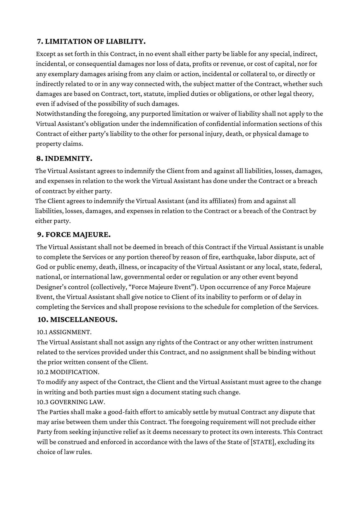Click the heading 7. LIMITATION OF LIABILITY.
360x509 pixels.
click(91, 41)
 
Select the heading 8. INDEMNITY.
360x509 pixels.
click(64, 158)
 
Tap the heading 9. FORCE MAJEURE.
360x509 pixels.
click(74, 235)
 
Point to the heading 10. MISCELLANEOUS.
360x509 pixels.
click(77, 320)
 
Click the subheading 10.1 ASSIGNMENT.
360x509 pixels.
click(64, 332)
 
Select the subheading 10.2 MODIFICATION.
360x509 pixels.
click(68, 372)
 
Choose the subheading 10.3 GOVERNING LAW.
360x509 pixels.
click(71, 402)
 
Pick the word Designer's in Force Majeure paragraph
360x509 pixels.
click(51, 287)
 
